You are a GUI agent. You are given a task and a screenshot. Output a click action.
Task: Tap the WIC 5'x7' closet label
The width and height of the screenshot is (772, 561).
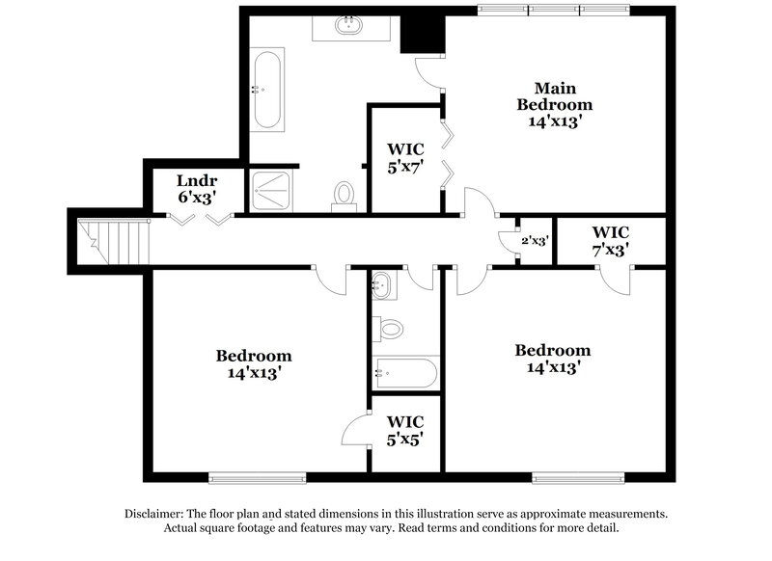click(x=406, y=157)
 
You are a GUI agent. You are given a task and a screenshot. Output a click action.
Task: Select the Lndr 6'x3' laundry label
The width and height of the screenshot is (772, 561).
click(x=196, y=188)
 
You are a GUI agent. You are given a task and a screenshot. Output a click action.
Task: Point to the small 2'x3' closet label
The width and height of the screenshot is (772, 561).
click(x=535, y=241)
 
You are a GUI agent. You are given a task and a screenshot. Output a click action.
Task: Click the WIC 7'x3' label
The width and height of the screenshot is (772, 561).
click(x=611, y=240)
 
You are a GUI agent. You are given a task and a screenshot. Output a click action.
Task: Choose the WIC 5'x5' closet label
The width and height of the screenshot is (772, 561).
click(x=406, y=430)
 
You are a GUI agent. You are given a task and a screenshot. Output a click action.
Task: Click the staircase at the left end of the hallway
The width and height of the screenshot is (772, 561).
click(x=115, y=240)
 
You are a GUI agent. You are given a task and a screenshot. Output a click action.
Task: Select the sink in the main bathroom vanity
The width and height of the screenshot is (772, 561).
click(x=349, y=26)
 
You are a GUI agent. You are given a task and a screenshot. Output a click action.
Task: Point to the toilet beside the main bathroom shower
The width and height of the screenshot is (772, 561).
click(x=344, y=196)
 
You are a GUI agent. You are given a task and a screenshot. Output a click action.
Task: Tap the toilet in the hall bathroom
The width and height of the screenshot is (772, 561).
click(x=389, y=330)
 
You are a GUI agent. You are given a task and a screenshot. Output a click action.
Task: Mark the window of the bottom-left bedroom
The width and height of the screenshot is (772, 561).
click(x=257, y=476)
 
